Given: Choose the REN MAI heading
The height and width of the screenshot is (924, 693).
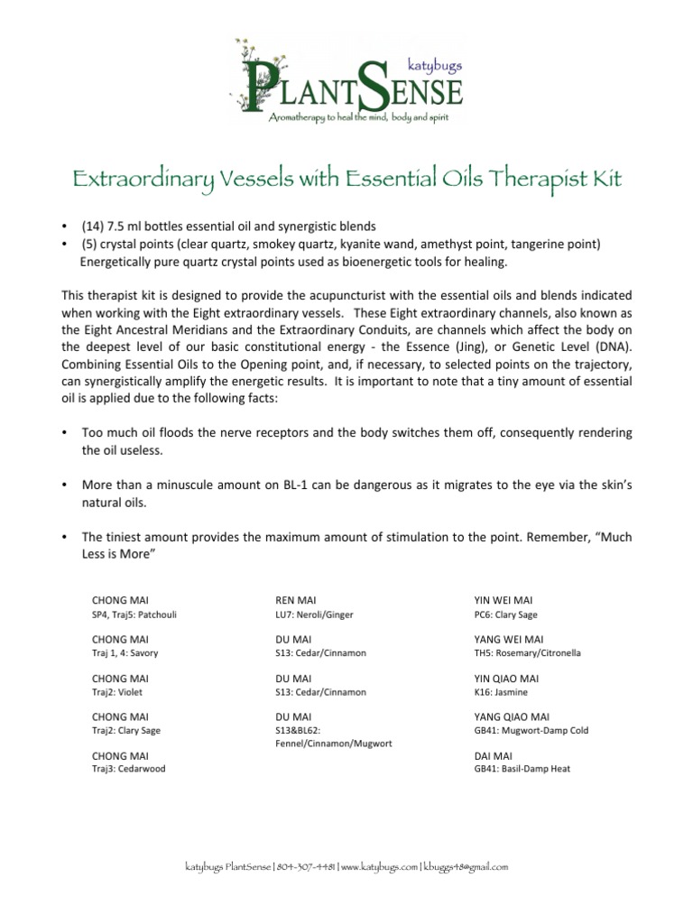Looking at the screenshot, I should (295, 599).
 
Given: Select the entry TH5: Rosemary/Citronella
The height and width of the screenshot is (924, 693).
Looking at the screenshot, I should (528, 653).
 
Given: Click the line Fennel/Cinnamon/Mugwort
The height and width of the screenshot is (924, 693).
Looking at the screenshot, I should (333, 745).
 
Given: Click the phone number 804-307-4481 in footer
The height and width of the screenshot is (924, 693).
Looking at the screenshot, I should (307, 867).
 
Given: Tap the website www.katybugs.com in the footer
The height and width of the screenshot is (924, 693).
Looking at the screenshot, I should (380, 867).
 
